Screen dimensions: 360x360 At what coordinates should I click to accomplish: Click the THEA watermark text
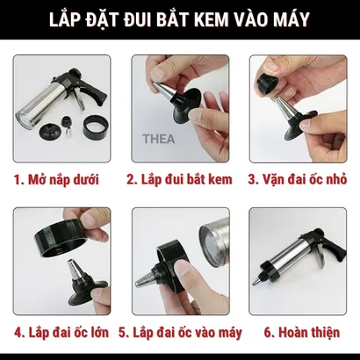pos(158,139)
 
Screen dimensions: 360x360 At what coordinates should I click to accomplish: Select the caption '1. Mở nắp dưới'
pos(56,179)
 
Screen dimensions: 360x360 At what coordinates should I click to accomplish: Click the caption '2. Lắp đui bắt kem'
pos(179,179)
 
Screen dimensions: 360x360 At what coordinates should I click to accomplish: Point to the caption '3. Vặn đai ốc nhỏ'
pos(298,179)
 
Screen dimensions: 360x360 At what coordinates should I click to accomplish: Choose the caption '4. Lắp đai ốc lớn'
pos(61,333)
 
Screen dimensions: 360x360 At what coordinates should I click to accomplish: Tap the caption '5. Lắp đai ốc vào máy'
pos(180,333)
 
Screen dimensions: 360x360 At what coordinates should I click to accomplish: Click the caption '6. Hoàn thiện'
pos(302,333)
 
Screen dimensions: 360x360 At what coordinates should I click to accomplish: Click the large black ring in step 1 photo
pos(96,126)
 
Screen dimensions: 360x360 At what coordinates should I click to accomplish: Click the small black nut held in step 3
pos(267,83)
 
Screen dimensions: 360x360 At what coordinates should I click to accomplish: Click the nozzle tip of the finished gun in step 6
pos(257,280)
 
